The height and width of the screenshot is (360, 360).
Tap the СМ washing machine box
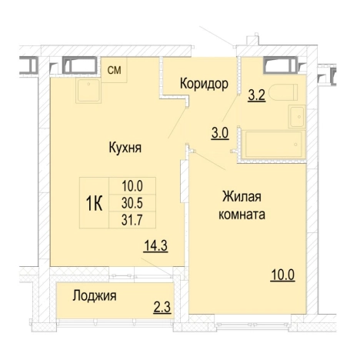pos(114,71)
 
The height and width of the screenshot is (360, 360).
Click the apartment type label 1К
pos(95,203)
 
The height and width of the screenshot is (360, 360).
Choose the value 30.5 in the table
pos(133,202)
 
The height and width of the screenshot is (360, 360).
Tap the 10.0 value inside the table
pos(133,185)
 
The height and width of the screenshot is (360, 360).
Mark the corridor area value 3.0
pos(220,132)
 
